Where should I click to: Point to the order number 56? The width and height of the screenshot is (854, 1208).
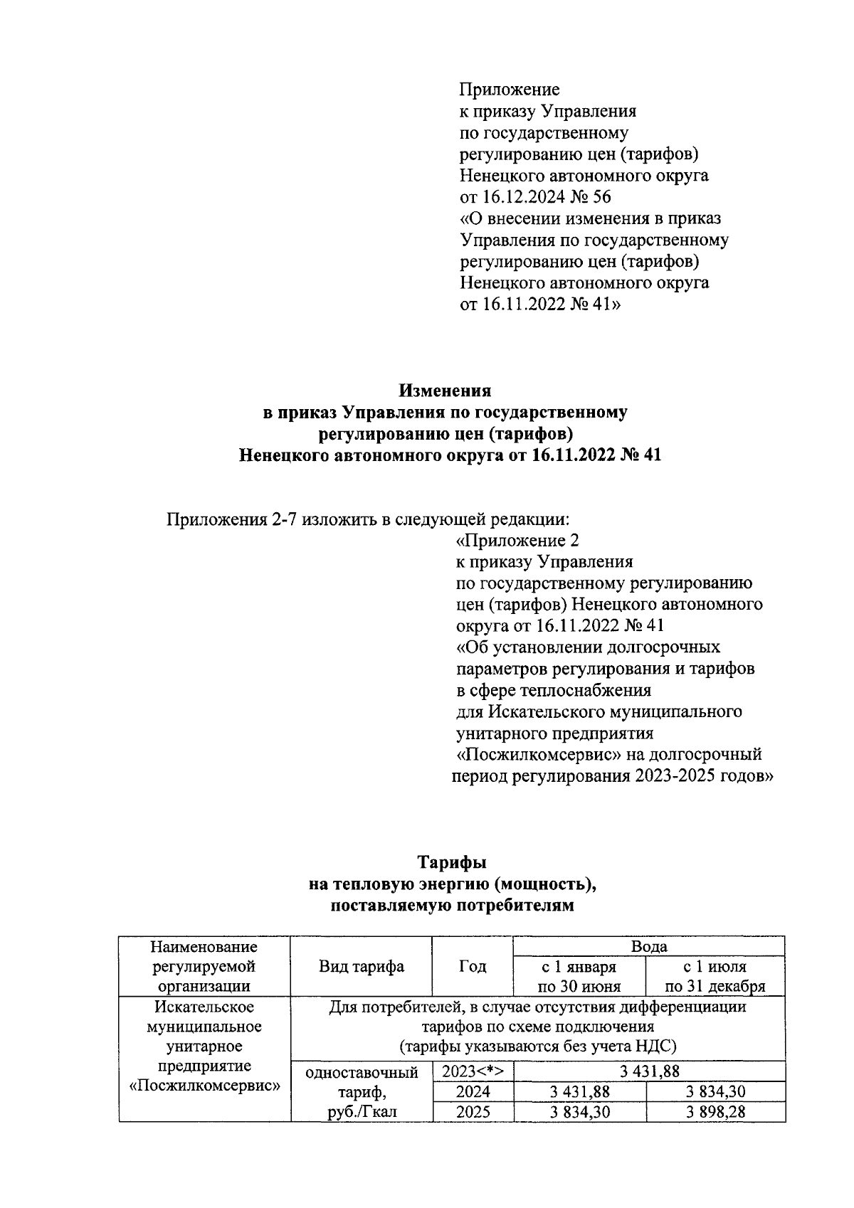pyautogui.click(x=601, y=196)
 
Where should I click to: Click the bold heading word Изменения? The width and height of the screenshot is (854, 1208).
pyautogui.click(x=445, y=391)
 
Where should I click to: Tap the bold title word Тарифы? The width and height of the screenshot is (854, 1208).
pyautogui.click(x=452, y=862)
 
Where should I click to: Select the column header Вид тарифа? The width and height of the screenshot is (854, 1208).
pyautogui.click(x=361, y=966)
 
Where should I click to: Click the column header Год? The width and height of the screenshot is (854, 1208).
pyautogui.click(x=473, y=966)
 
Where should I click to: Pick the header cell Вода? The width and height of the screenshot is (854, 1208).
pyautogui.click(x=649, y=946)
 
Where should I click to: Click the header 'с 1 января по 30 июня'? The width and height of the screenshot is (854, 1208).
pyautogui.click(x=579, y=976)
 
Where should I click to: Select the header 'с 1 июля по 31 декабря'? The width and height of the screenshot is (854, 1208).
pyautogui.click(x=715, y=976)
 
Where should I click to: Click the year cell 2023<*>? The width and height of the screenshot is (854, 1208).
pyautogui.click(x=473, y=1072)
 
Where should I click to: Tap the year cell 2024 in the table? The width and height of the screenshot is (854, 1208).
pyautogui.click(x=473, y=1092)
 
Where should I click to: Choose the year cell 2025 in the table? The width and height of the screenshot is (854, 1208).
pyautogui.click(x=473, y=1111)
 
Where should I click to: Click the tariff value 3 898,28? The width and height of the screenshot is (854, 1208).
pyautogui.click(x=715, y=1111)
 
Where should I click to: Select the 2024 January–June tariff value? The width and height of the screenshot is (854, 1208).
pyautogui.click(x=579, y=1092)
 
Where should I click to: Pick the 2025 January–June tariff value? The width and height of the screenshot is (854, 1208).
pyautogui.click(x=579, y=1111)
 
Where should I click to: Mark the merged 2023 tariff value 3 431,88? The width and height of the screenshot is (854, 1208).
pyautogui.click(x=649, y=1072)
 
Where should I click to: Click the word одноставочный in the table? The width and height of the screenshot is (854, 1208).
pyautogui.click(x=361, y=1072)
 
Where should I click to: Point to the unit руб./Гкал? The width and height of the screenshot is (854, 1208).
pyautogui.click(x=361, y=1111)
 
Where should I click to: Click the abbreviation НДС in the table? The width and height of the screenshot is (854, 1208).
pyautogui.click(x=653, y=1046)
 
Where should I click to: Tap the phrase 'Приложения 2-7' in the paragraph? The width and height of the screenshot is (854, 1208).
pyautogui.click(x=232, y=519)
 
